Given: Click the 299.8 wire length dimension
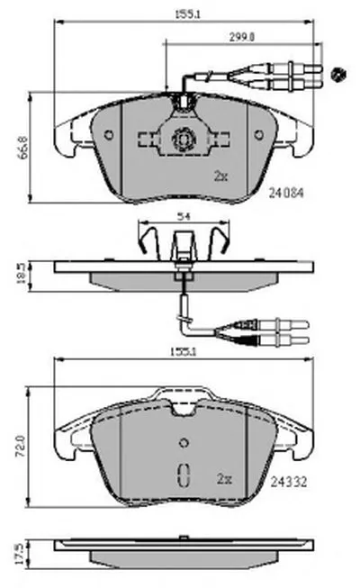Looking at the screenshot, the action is (242, 37).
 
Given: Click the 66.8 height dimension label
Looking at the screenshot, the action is (23, 148).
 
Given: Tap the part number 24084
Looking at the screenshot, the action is (286, 193).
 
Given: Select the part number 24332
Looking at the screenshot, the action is (289, 482).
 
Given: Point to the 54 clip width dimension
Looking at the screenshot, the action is (184, 216).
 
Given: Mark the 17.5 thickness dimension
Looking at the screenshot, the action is (21, 555).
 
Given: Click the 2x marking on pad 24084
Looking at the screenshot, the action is (220, 176).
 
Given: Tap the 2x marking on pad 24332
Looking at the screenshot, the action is (225, 479).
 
